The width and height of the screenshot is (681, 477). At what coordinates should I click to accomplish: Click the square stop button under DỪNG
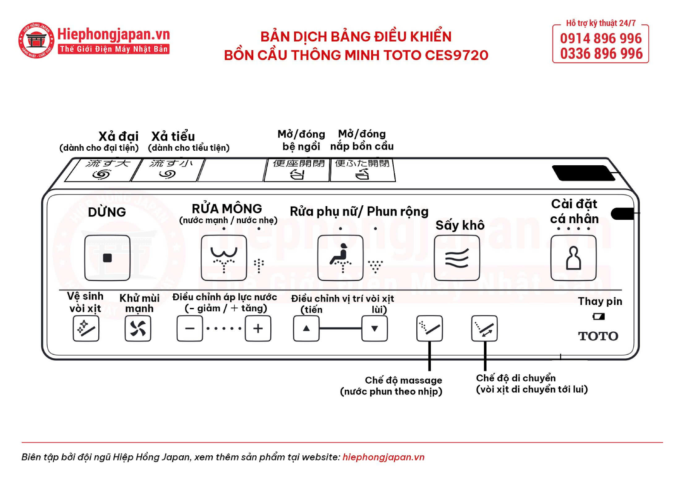(x=107, y=258)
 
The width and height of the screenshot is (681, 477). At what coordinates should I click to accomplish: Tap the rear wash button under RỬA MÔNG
(x=223, y=258)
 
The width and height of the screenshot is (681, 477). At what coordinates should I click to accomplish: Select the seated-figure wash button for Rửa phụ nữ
(x=340, y=258)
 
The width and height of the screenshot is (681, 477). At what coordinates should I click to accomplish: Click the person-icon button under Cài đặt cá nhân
(x=573, y=258)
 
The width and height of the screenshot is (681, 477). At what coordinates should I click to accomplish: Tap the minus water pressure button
(x=189, y=328)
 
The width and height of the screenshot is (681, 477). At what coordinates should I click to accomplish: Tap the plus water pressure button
(x=258, y=328)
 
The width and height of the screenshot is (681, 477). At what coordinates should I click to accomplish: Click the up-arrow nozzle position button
(x=306, y=328)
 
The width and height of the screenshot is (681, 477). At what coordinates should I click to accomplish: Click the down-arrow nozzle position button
(x=375, y=328)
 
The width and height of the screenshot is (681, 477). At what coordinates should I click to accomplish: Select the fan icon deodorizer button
(x=138, y=328)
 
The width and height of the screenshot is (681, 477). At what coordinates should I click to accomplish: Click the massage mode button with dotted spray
(x=429, y=328)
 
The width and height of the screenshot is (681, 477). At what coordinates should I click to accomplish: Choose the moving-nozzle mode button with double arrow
(x=484, y=328)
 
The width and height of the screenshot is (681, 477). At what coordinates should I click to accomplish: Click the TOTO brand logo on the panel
(x=598, y=336)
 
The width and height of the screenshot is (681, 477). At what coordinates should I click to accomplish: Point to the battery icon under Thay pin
(x=598, y=316)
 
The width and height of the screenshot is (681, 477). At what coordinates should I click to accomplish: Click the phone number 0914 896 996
(x=601, y=38)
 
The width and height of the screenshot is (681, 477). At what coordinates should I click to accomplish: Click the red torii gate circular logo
(x=36, y=40)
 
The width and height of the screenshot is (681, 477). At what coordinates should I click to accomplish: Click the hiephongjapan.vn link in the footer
(x=383, y=457)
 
